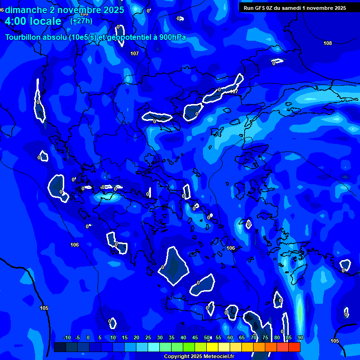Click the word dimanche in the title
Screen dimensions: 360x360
pyautogui.click(x=25, y=10)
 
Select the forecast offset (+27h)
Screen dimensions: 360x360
pyautogui.click(x=81, y=21)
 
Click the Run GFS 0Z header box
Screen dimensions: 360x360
pyautogui.click(x=295, y=7)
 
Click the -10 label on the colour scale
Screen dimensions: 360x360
pyautogui.click(x=67, y=337)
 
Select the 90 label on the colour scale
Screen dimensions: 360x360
pyautogui.click(x=300, y=337)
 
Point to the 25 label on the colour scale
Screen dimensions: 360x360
pyautogui.click(x=148, y=337)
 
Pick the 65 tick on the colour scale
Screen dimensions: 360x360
pyautogui.click(x=242, y=337)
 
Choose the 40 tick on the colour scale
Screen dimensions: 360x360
pyautogui.click(x=183, y=337)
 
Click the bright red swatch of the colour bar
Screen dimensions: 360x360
pyautogui.click(x=294, y=347)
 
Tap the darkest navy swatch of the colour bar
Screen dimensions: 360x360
pyautogui.click(x=60, y=347)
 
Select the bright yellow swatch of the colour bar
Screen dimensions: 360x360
pyautogui.click(x=212, y=347)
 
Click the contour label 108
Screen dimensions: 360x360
pyautogui.click(x=328, y=43)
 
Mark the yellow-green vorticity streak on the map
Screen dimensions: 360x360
pyautogui.click(x=299, y=312)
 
